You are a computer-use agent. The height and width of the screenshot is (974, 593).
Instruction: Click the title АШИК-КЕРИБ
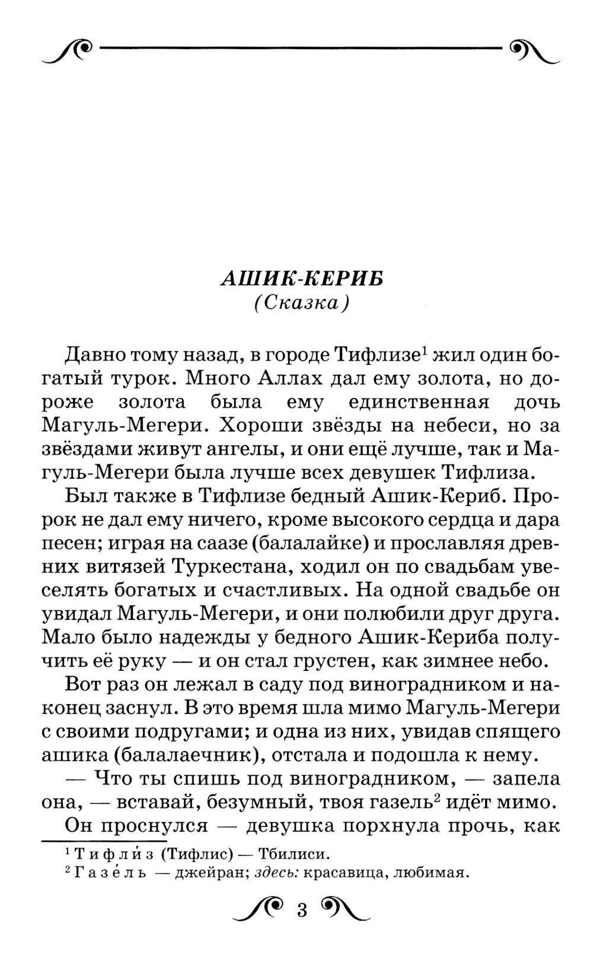301,278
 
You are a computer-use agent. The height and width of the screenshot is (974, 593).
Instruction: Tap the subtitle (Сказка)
301,303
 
